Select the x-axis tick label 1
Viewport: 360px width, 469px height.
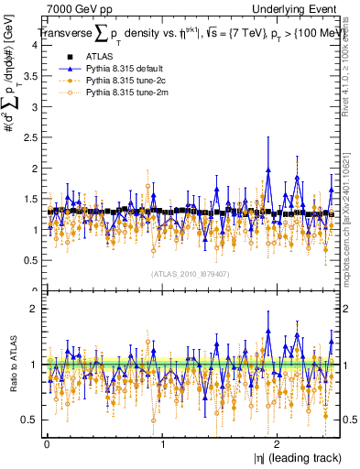(x=162, y=442)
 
